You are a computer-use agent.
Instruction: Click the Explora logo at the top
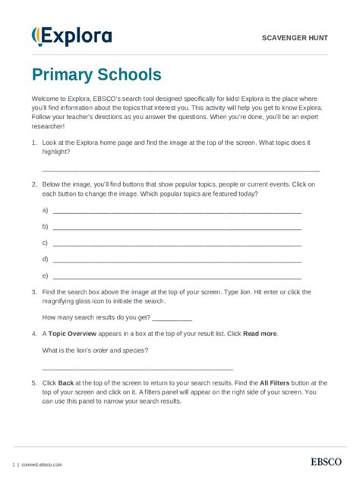(71, 36)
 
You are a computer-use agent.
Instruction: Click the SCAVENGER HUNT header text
(295, 37)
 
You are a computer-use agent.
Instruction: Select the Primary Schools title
(96, 75)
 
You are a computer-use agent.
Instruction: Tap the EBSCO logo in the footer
(327, 462)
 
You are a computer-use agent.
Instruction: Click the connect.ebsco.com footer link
(42, 464)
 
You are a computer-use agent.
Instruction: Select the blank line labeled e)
(176, 278)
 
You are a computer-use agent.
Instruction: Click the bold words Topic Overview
(74, 334)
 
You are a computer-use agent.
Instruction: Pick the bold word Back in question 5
(66, 383)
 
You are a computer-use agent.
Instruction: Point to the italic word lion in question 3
(245, 292)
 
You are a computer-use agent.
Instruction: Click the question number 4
(34, 334)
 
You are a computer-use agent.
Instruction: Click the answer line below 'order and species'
(137, 367)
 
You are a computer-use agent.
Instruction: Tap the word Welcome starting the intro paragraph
(46, 99)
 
